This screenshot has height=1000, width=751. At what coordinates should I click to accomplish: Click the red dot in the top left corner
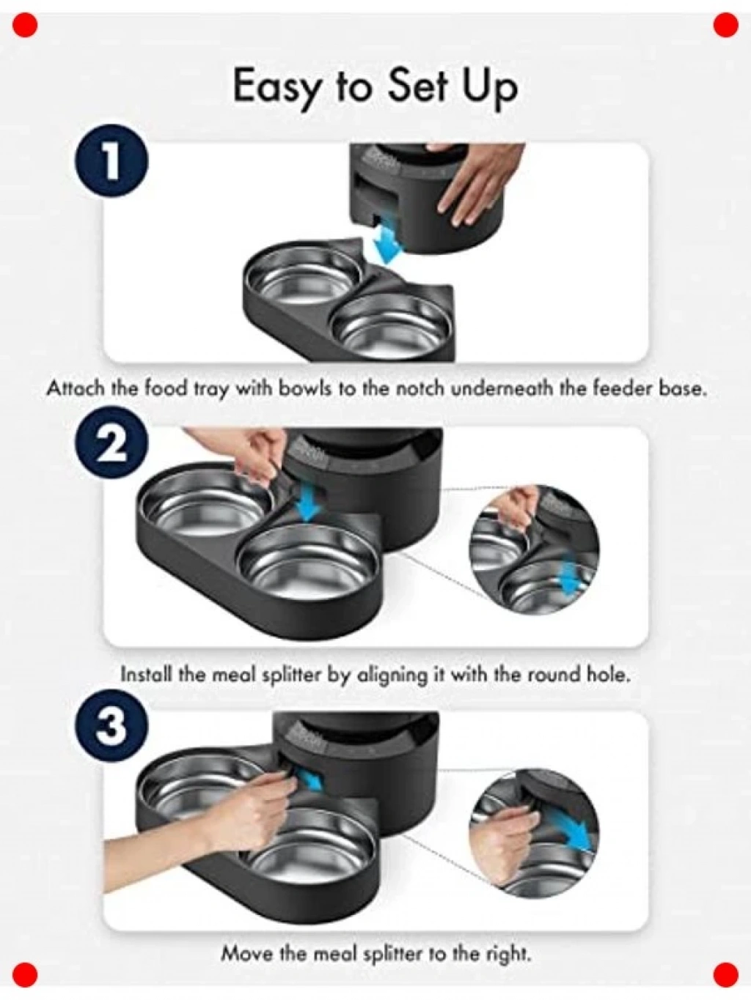coord(25,25)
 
